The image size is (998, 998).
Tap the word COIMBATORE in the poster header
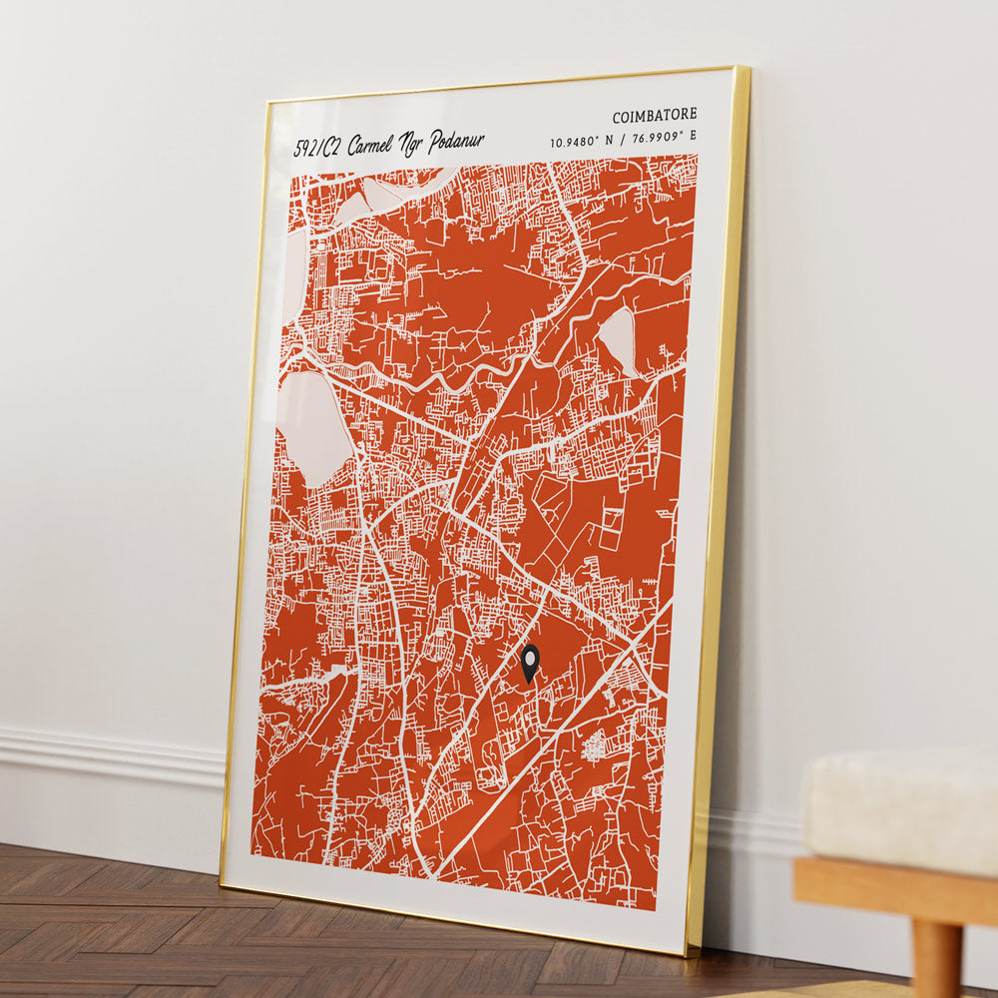pos(655,115)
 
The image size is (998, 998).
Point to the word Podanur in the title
pos(456,141)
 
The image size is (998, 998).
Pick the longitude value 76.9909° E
pos(663,137)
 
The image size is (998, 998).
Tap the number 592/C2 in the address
pos(318,149)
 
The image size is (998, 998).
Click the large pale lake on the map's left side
pos(313,427)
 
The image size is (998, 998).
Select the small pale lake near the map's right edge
pos(619,339)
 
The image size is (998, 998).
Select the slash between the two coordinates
pos(621,140)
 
